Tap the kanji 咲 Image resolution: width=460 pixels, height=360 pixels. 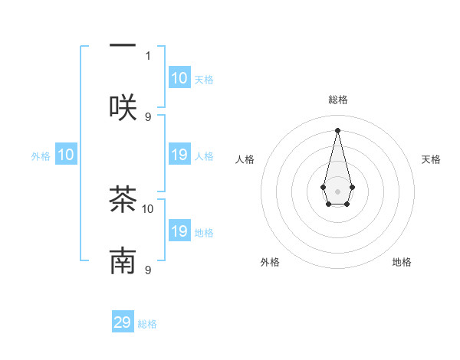coord(123,107)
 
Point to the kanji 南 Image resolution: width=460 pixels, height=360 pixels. coord(123,261)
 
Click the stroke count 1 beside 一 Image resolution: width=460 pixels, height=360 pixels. coord(148,55)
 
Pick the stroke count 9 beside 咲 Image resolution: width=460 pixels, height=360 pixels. coord(148,116)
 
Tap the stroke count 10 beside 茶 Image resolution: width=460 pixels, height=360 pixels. coord(148,208)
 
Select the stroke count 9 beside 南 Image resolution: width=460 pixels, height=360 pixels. coord(148,270)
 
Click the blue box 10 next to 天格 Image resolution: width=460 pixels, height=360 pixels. coord(179,78)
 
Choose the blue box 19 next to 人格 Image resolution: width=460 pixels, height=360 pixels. coord(179,155)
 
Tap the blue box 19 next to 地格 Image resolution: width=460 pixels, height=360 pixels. coord(179,231)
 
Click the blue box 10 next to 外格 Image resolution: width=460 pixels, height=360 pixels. coord(66,155)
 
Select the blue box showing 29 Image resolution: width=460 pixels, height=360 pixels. coord(123,322)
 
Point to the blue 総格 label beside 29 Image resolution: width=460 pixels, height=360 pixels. coord(147,324)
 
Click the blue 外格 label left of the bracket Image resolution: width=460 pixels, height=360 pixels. coord(41,156)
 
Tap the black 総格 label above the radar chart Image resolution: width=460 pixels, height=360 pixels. coord(337,100)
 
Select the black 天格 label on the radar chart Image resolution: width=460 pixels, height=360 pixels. coord(431,159)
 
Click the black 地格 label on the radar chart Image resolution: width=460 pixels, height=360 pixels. coord(402,263)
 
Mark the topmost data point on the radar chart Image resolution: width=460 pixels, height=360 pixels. coord(337,130)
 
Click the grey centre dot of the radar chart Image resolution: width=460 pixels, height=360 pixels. coord(337,190)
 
